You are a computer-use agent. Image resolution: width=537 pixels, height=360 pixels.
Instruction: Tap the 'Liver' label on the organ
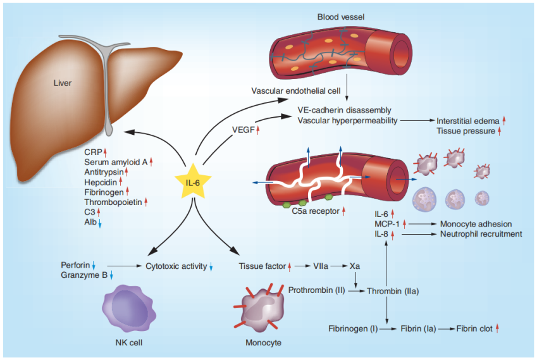[x=63, y=83]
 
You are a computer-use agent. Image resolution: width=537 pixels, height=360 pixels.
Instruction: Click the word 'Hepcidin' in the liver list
[x=101, y=180]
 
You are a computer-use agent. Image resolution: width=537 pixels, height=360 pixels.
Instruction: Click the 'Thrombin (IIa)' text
[x=393, y=290]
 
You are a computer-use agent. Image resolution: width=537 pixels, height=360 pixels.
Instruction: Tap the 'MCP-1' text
[x=386, y=224]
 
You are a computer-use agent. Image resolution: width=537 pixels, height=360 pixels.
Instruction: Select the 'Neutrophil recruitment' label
[x=481, y=234]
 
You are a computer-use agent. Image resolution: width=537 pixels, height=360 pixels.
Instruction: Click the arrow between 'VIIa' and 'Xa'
[x=342, y=266]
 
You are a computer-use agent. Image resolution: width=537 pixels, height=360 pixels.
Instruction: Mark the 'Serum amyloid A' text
[x=115, y=162]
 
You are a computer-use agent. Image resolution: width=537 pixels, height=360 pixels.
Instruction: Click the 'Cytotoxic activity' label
[x=176, y=266]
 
